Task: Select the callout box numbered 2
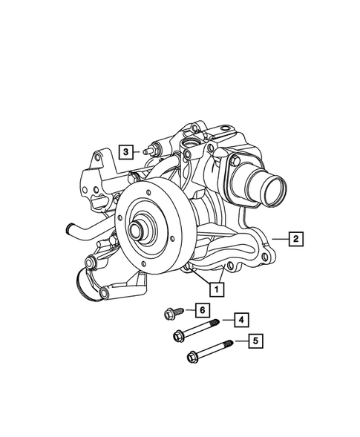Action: [295, 238]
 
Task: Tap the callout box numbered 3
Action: [126, 152]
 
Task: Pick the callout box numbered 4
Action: [240, 320]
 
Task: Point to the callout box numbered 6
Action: [200, 309]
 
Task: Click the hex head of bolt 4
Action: [179, 335]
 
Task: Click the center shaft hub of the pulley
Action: [139, 231]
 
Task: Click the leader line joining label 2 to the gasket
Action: [278, 238]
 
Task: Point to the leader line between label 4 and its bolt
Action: [226, 321]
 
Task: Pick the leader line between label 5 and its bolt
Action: [240, 342]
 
